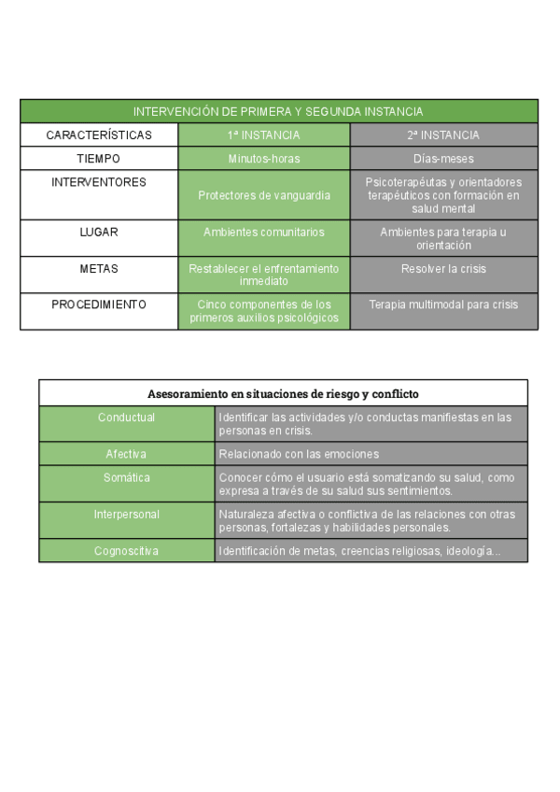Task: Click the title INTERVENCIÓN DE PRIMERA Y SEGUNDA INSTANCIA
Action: tap(278, 111)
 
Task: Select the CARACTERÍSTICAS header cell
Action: tap(99, 135)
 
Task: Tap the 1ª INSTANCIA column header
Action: tap(264, 135)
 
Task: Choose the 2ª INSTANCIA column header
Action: tap(443, 135)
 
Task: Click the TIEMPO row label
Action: tap(99, 159)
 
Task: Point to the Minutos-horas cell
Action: tap(264, 159)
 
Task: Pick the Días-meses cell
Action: tap(443, 159)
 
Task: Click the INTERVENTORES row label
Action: tap(99, 183)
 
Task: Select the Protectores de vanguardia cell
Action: tap(264, 195)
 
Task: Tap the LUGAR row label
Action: tap(99, 232)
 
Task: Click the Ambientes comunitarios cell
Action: tap(264, 232)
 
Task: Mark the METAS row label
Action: tap(99, 268)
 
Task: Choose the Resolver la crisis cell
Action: tap(443, 268)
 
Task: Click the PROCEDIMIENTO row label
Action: tap(99, 304)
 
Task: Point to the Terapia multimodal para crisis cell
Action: tap(443, 304)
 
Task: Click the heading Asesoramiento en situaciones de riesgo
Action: tap(283, 393)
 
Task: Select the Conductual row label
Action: tap(126, 417)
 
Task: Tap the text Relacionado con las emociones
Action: tap(299, 454)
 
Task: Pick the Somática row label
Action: tap(126, 478)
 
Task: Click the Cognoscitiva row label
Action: tap(126, 551)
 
